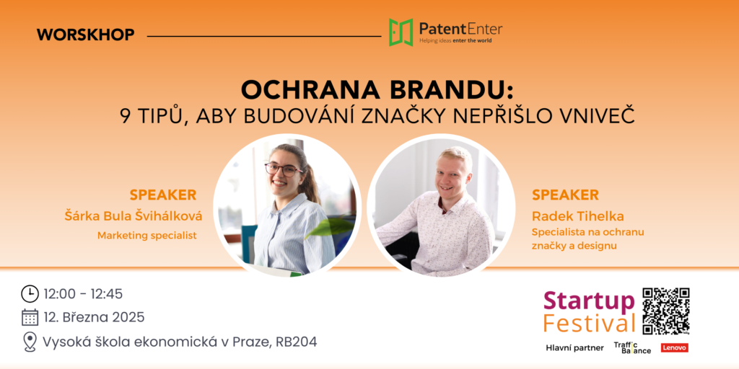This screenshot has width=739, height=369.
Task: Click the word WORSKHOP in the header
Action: [x=85, y=35]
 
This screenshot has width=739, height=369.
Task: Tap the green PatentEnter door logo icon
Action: [x=401, y=32]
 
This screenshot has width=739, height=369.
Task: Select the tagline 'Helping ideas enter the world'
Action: [x=455, y=41]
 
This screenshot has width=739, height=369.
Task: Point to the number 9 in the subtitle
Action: [x=125, y=116]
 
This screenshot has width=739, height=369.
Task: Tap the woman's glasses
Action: [x=284, y=169]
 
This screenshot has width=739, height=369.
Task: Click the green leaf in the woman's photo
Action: [x=329, y=227]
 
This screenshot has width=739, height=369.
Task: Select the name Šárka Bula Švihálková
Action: [x=133, y=216]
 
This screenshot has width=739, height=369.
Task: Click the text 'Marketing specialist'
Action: [x=147, y=236]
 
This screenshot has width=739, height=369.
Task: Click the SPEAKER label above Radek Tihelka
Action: [x=565, y=195]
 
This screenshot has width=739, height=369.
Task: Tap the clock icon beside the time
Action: [x=30, y=294]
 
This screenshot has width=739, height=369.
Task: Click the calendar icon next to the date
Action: [x=30, y=317]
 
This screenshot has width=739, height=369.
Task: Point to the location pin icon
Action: [x=30, y=342]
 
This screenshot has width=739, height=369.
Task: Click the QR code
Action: [x=666, y=311]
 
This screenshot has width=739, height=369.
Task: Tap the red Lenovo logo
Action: [x=675, y=348]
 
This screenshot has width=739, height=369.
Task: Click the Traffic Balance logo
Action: [x=632, y=348]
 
